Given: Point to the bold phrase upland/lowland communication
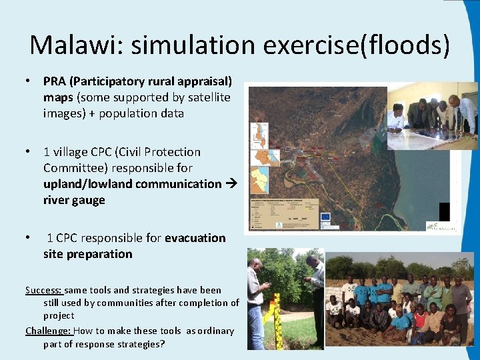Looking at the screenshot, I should pyautogui.click(x=132, y=183).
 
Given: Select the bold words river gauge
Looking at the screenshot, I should pyautogui.click(x=74, y=200).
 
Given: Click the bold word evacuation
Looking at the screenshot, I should pyautogui.click(x=195, y=238).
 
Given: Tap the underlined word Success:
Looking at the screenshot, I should pyautogui.click(x=44, y=290).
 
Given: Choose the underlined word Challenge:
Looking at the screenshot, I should pyautogui.click(x=48, y=331).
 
